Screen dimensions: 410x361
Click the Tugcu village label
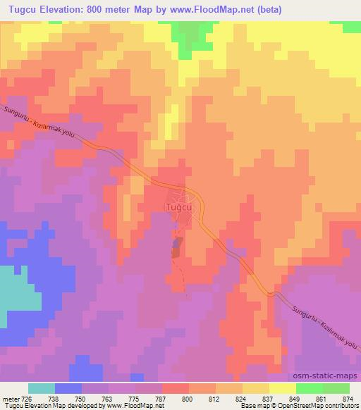click(176, 208)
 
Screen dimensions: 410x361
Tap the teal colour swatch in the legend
click(42, 388)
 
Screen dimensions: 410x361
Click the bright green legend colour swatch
click(309, 388)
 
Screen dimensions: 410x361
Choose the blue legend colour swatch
click(68, 388)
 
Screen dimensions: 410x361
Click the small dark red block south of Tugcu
click(176, 247)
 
